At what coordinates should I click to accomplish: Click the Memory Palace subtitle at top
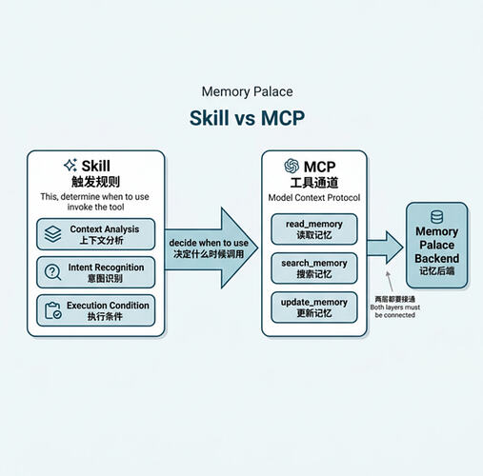(247, 92)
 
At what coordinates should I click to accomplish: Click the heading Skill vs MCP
(247, 118)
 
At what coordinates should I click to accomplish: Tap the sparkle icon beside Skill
(70, 165)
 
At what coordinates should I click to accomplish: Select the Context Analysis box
(96, 234)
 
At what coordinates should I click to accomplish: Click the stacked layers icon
(52, 234)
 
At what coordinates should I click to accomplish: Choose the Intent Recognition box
(96, 272)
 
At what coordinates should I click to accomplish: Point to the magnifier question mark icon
(52, 272)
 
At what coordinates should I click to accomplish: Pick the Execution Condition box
(96, 310)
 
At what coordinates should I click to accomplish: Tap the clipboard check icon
(52, 310)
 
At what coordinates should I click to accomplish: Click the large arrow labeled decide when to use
(211, 248)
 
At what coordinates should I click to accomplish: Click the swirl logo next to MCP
(292, 166)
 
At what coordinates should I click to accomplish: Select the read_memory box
(314, 229)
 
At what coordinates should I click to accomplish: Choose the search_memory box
(314, 268)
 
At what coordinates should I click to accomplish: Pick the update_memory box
(314, 307)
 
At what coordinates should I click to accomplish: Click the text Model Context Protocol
(314, 198)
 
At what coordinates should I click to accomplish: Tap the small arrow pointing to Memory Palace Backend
(385, 248)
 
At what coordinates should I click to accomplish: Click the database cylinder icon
(436, 217)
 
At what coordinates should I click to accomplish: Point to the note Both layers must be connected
(395, 311)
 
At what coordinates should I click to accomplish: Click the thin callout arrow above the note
(390, 282)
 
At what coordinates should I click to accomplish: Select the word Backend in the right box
(436, 258)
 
